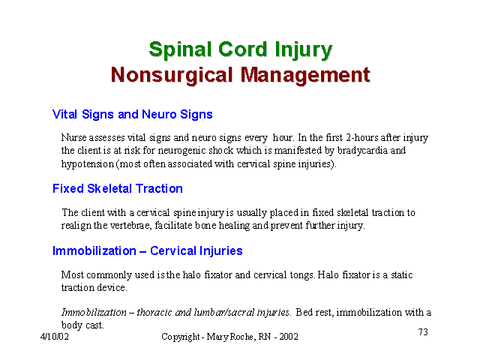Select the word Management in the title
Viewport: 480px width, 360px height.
pos(305,76)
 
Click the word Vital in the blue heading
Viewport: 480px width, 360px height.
pos(64,114)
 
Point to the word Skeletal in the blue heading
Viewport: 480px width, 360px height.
pos(109,188)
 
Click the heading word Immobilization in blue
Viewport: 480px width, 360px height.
pos(94,250)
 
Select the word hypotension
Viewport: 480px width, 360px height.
pos(88,164)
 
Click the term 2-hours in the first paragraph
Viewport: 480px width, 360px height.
pos(362,137)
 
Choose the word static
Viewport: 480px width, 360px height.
pos(402,274)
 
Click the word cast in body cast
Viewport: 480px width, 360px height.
pos(95,325)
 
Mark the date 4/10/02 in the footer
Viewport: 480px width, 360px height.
pos(55,337)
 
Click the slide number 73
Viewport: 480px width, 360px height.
pos(423,331)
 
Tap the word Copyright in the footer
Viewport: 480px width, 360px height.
pos(181,337)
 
